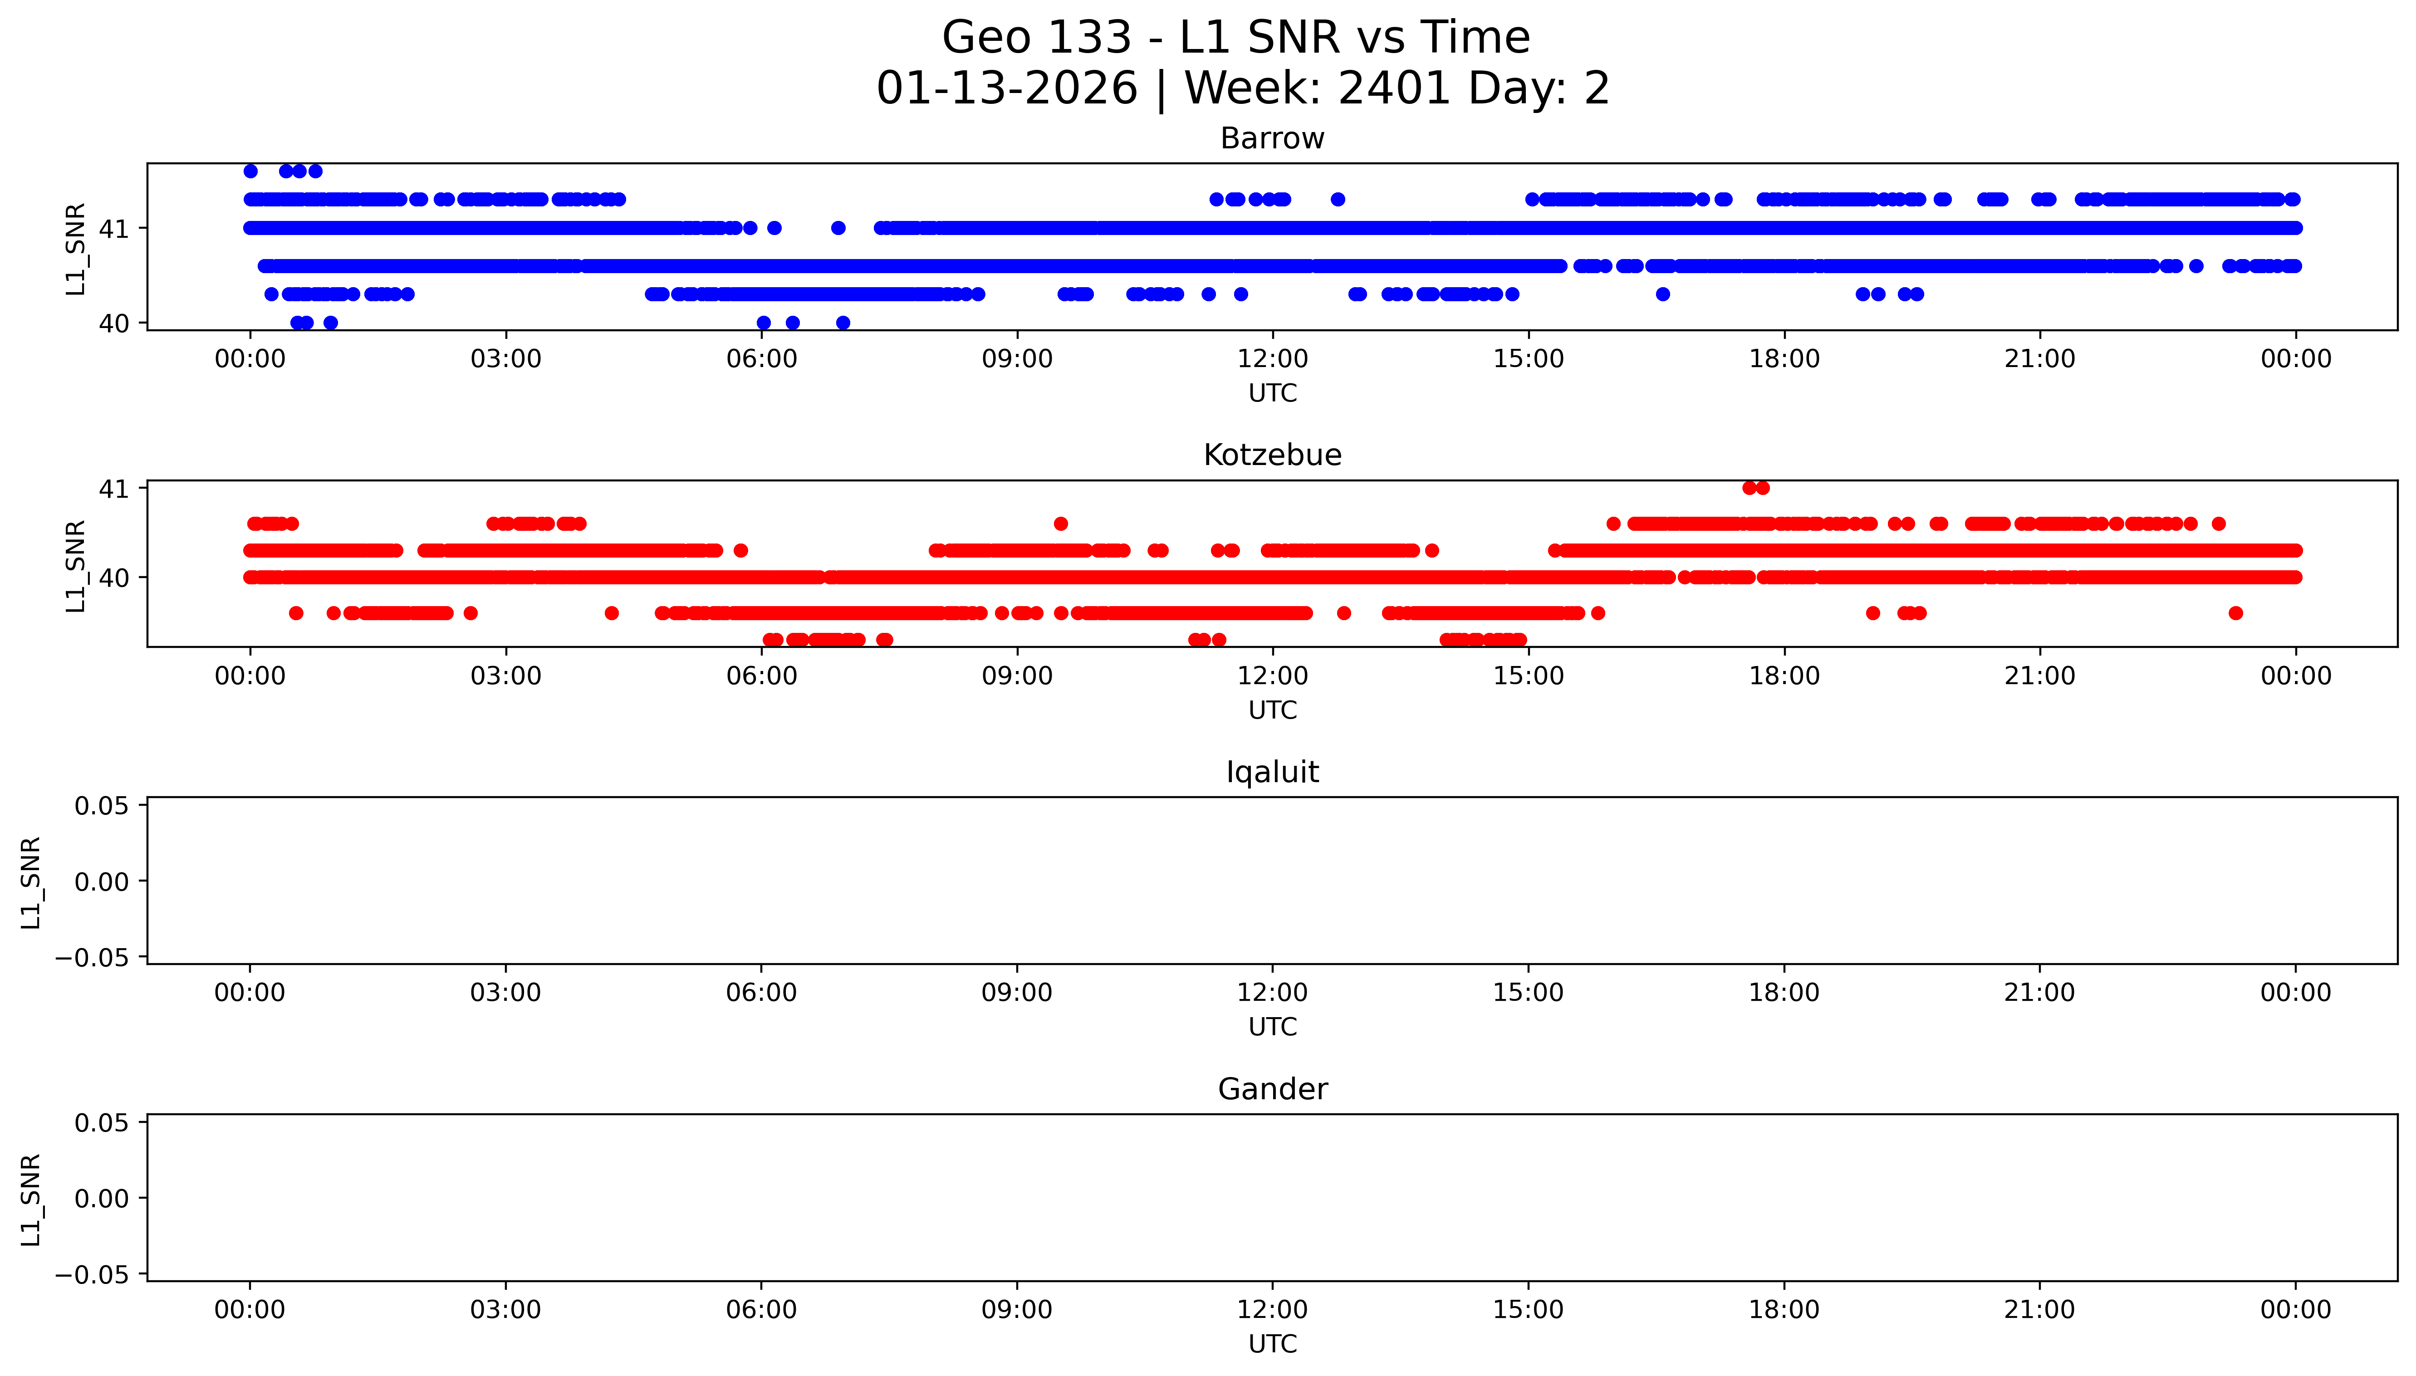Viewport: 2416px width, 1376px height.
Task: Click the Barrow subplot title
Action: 1272,139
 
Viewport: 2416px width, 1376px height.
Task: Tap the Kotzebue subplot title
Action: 1272,455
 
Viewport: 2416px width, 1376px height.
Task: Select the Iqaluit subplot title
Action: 1272,772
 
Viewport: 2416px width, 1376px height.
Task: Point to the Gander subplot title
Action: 1272,1090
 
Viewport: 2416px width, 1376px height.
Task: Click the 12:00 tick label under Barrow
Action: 1272,359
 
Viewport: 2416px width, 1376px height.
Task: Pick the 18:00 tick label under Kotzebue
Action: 1783,676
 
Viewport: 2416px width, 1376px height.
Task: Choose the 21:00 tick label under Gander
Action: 2039,1310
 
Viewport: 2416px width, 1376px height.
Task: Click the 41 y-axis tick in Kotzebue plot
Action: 113,489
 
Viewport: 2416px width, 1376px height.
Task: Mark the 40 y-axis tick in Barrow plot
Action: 113,323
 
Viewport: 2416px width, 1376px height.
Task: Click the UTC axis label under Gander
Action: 1272,1344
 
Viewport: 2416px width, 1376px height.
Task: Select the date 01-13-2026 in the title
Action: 1006,89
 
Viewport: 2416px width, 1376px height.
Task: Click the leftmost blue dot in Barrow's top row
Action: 250,171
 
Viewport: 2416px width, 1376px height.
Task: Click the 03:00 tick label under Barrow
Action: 505,359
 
